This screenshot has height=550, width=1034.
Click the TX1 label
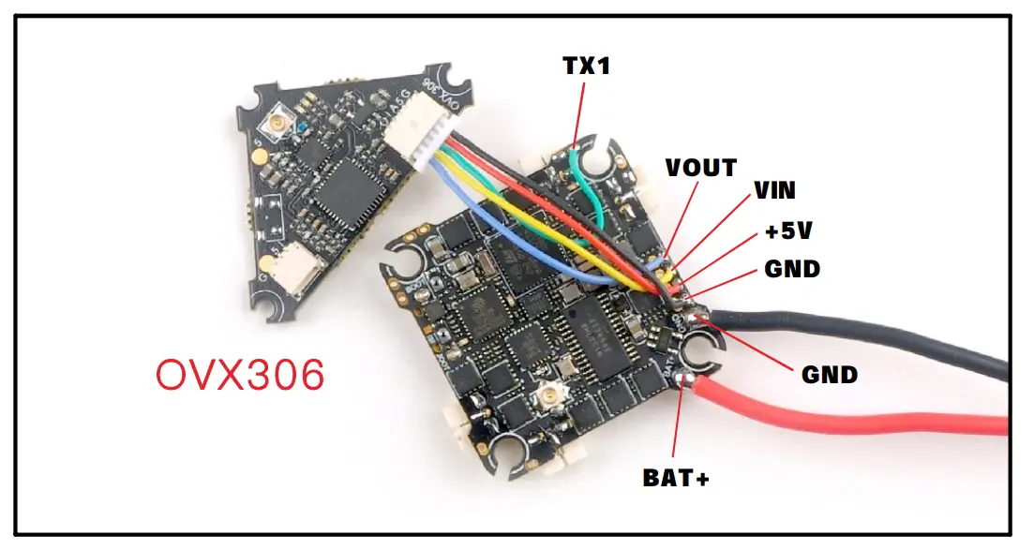[585, 67]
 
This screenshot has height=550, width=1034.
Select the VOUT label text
[700, 168]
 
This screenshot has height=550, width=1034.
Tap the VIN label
[774, 191]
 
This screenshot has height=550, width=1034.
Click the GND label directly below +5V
[792, 270]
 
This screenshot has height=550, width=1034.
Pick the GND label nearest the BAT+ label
[829, 375]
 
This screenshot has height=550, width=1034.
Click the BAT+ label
[675, 478]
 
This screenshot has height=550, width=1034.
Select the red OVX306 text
[240, 376]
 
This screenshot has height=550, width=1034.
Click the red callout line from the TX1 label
[578, 112]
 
